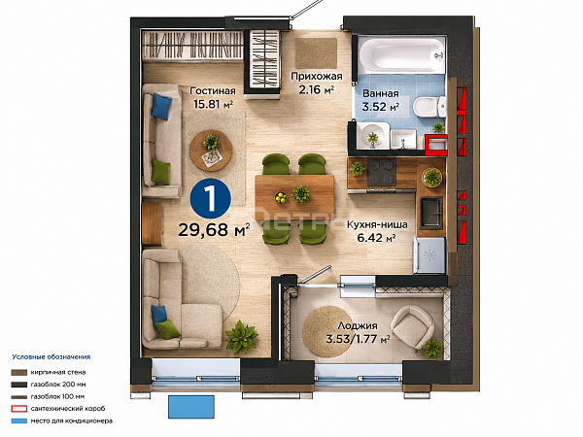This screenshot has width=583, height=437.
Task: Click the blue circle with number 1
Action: pyautogui.click(x=211, y=198)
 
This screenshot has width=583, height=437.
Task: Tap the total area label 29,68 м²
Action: pyautogui.click(x=214, y=230)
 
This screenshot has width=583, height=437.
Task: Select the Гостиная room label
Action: pyautogui.click(x=213, y=91)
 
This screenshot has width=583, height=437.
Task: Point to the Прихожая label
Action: pyautogui.click(x=317, y=77)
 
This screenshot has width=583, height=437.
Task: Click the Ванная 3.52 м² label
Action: pyautogui.click(x=381, y=100)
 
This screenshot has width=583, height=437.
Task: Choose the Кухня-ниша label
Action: pyautogui.click(x=377, y=225)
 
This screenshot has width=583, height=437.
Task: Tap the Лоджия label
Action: pyautogui.click(x=358, y=326)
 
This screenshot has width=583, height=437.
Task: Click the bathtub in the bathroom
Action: pyautogui.click(x=401, y=54)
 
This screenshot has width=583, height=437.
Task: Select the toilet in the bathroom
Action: pyautogui.click(x=429, y=107)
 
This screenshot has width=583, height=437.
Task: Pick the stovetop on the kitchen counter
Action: pyautogui.click(x=382, y=172)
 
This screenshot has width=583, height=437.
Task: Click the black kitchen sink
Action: pyautogui.click(x=431, y=212)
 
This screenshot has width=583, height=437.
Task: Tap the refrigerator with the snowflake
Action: pyautogui.click(x=429, y=255)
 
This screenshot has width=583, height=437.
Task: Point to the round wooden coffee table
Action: pyautogui.click(x=211, y=151)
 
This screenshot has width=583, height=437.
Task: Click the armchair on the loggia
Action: pyautogui.click(x=412, y=327)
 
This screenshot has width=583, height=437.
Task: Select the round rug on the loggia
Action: pyautogui.click(x=327, y=331)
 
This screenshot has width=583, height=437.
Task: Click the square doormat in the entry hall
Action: pyautogui.click(x=317, y=52)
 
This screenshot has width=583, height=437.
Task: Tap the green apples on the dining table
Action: pyautogui.click(x=281, y=197)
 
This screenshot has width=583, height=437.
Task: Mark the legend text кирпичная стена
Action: pyautogui.click(x=58, y=372)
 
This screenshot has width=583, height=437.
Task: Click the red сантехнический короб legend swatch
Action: pyautogui.click(x=19, y=409)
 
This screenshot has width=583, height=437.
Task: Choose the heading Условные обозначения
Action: pyautogui.click(x=51, y=357)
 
